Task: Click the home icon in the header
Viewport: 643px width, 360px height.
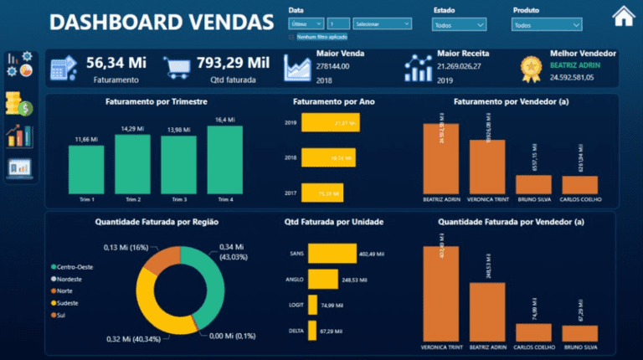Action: pyautogui.click(x=623, y=16)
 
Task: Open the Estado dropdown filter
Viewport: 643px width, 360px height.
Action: pyautogui.click(x=459, y=25)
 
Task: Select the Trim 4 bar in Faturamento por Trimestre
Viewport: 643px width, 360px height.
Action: pyautogui.click(x=225, y=160)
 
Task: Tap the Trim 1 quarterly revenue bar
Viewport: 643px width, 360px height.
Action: pyautogui.click(x=86, y=170)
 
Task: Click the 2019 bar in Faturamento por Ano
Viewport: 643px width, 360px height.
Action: pyautogui.click(x=330, y=123)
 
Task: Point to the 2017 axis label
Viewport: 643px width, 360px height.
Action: pyautogui.click(x=291, y=193)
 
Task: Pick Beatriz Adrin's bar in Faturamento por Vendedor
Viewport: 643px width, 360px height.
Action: pyautogui.click(x=441, y=159)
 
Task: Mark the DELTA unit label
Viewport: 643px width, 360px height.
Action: pyautogui.click(x=296, y=331)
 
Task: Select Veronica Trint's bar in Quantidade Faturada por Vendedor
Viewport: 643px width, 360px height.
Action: pyautogui.click(x=441, y=293)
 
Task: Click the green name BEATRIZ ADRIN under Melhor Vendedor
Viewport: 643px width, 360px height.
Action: pyautogui.click(x=576, y=64)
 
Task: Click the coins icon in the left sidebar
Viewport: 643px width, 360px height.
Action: pyautogui.click(x=18, y=105)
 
